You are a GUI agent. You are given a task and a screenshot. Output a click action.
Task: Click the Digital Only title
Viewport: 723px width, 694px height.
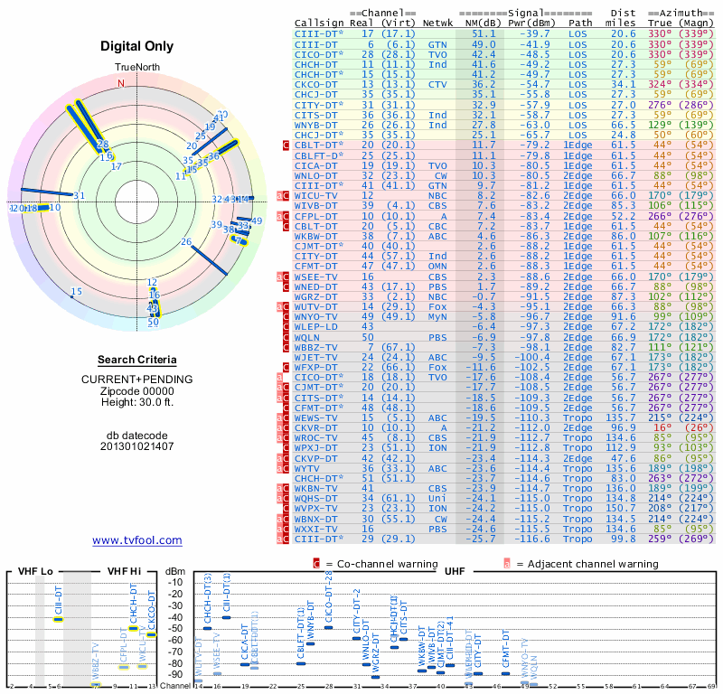136,46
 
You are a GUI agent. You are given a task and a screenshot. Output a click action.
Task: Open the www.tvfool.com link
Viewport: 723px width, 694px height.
136,540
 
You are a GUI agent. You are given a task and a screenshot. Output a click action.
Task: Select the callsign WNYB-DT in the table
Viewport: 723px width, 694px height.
317,125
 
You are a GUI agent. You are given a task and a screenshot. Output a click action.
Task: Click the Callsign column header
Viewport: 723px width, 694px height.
320,23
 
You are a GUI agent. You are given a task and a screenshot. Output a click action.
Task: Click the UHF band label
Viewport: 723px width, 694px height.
455,573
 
